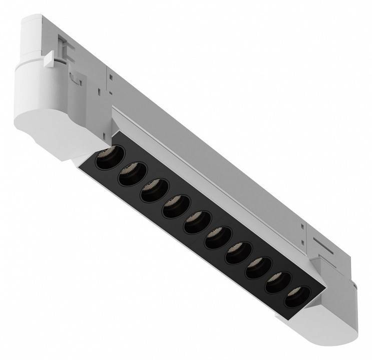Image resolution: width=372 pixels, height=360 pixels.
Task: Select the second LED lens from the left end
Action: pyautogui.click(x=129, y=173)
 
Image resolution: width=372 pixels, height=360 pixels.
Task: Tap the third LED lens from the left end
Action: pyautogui.click(x=152, y=190)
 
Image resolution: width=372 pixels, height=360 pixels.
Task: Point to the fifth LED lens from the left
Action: pyautogui.click(x=195, y=222)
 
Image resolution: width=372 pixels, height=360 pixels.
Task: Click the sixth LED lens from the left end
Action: pyautogui.click(x=216, y=237)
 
